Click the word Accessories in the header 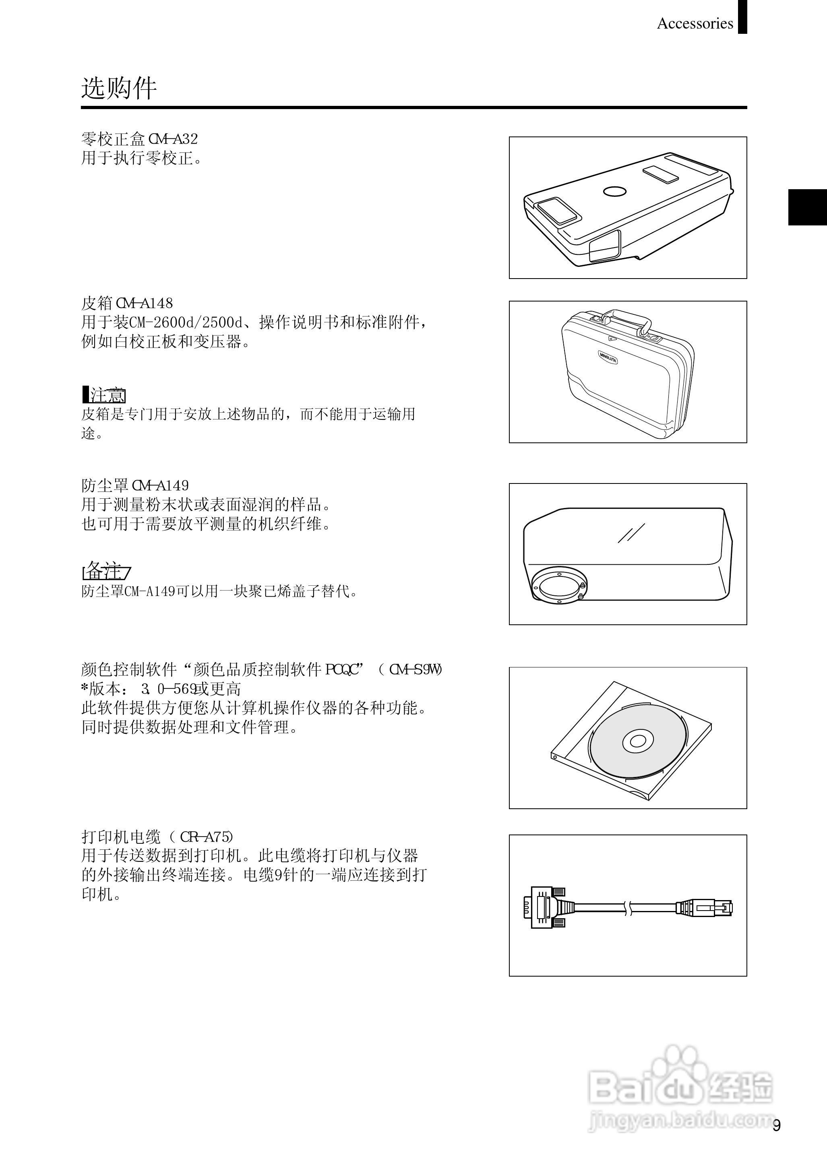click(x=695, y=23)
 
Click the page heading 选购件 click(x=119, y=88)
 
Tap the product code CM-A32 click(x=173, y=138)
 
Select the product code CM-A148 click(x=145, y=303)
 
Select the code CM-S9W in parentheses click(x=415, y=669)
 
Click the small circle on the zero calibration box click(x=614, y=191)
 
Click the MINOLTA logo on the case click(x=608, y=357)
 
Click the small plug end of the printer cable click(x=705, y=907)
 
